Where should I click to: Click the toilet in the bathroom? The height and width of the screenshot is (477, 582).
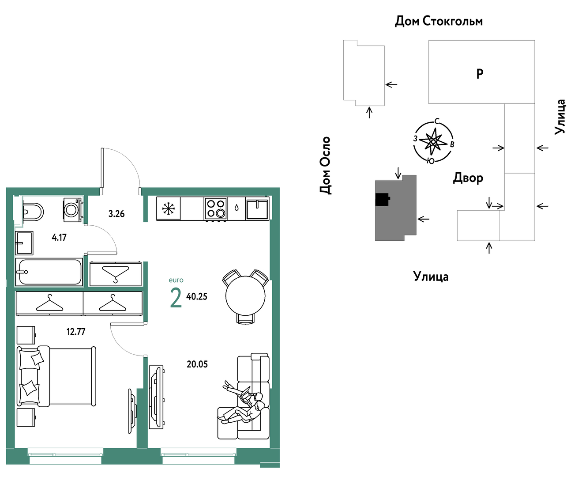[33, 212]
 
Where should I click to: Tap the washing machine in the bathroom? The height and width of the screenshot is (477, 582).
[72, 210]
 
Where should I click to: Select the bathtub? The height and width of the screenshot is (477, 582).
[49, 272]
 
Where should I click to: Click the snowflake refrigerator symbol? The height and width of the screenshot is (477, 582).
[168, 208]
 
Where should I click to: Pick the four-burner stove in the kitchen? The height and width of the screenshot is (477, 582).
[216, 209]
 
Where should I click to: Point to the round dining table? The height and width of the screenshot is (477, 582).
[245, 296]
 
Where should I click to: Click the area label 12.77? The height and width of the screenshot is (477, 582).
[76, 331]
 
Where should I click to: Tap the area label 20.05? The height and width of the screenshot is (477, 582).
[197, 364]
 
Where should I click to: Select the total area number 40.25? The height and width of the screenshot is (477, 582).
[196, 296]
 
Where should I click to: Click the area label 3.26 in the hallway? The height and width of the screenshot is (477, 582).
[116, 214]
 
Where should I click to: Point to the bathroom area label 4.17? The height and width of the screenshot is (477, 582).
[59, 237]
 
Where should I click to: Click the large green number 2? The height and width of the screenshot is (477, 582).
[176, 298]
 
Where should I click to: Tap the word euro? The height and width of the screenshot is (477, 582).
[176, 280]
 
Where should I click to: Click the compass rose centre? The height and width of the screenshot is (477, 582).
[433, 142]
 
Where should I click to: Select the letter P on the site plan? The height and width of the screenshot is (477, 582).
[480, 73]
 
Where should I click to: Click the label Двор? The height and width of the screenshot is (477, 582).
[468, 178]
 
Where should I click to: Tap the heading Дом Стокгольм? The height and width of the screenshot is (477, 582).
[439, 21]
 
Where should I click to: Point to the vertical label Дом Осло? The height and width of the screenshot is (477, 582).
[325, 166]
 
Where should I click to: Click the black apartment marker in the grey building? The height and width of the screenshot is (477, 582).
[383, 199]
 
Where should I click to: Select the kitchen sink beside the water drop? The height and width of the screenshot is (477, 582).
[257, 209]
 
